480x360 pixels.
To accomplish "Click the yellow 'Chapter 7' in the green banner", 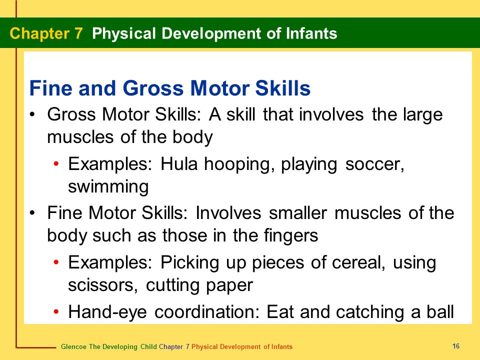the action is [46, 33].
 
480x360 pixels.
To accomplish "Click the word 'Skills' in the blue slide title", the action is [283, 88].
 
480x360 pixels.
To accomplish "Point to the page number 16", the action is [456, 346].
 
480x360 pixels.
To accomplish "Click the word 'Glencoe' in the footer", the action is [73, 346].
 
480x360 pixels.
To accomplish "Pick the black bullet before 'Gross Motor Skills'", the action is [32, 114].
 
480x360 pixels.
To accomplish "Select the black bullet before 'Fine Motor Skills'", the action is [32, 213].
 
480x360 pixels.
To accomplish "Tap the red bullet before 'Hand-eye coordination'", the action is [56, 311].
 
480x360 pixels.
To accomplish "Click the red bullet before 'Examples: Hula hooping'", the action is [56, 164].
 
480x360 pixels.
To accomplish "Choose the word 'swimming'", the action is [108, 186].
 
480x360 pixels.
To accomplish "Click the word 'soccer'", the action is [374, 164].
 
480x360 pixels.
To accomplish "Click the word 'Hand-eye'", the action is [107, 312].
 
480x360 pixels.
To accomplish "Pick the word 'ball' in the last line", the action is [440, 311].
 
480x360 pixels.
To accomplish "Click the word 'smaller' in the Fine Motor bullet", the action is [298, 213].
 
